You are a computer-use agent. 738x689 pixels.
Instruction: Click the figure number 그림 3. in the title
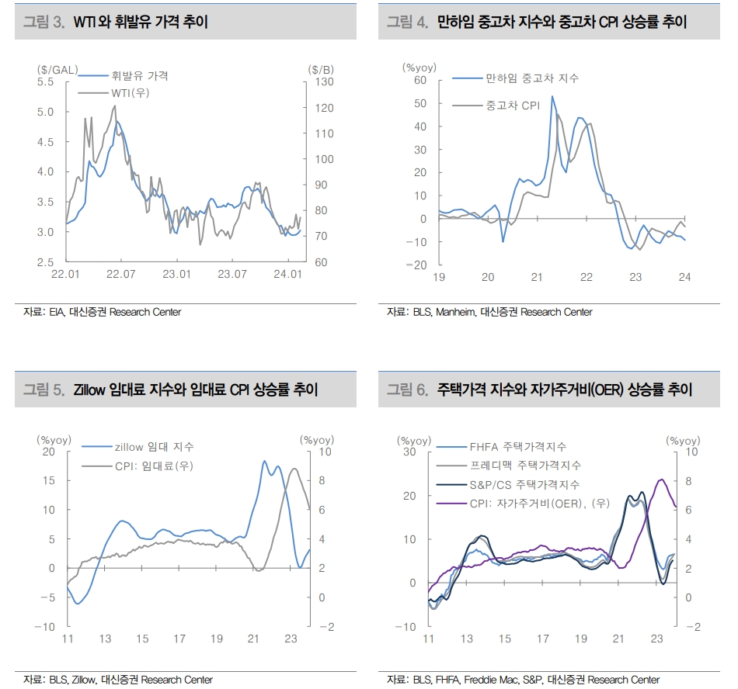tap(44, 23)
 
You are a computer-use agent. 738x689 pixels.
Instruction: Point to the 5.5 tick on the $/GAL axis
tap(45, 81)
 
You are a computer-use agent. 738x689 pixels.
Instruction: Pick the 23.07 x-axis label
tap(232, 274)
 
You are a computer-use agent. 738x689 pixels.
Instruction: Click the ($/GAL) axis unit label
tap(57, 69)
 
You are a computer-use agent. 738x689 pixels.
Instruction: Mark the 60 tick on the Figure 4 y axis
tap(420, 80)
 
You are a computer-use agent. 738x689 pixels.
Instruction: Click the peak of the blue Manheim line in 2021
tap(552, 97)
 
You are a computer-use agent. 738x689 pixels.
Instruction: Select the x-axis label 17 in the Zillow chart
tap(179, 639)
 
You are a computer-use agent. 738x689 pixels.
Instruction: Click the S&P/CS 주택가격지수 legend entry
tap(524, 484)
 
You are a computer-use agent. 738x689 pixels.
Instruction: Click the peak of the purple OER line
tap(661, 480)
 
